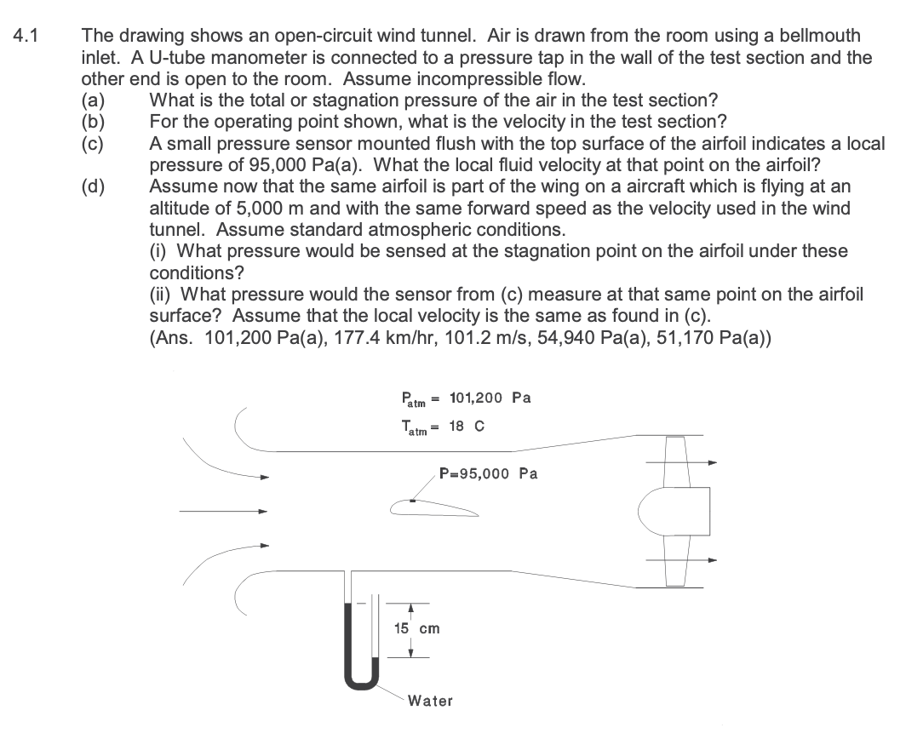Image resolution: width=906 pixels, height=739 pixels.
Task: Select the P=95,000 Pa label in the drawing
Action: click(x=488, y=473)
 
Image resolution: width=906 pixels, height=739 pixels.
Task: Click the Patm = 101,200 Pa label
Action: click(x=466, y=398)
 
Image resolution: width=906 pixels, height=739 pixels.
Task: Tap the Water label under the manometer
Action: click(x=430, y=701)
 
